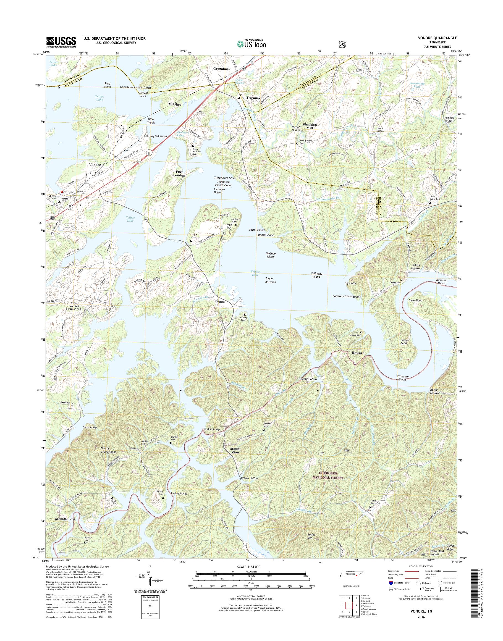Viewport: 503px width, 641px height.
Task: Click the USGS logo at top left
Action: tap(61, 42)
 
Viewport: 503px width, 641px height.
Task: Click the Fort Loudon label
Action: tap(179, 173)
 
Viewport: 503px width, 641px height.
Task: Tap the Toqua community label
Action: tap(219, 301)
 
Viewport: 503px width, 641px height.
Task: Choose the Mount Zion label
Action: tap(234, 451)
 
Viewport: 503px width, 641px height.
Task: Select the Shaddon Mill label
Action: tap(310, 126)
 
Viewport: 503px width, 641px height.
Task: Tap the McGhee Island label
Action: tap(270, 255)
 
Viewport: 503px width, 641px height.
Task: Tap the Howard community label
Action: tap(358, 353)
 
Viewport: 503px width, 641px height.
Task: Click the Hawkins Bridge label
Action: tap(211, 430)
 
